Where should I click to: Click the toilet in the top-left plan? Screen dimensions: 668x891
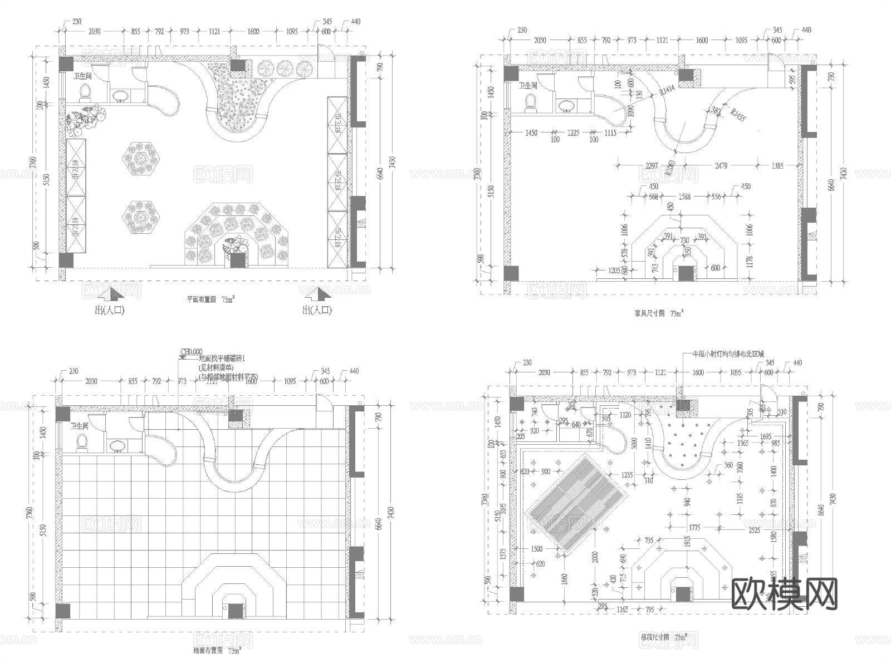click(85, 91)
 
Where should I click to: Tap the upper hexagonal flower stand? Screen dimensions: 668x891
click(141, 160)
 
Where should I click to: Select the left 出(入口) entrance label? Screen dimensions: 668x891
click(110, 311)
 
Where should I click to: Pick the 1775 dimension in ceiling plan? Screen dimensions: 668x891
click(694, 527)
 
